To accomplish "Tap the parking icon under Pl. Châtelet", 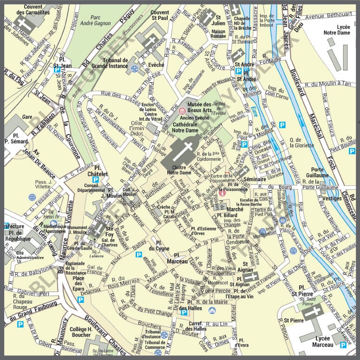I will (96, 179).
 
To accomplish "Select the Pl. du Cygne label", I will (162, 245).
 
